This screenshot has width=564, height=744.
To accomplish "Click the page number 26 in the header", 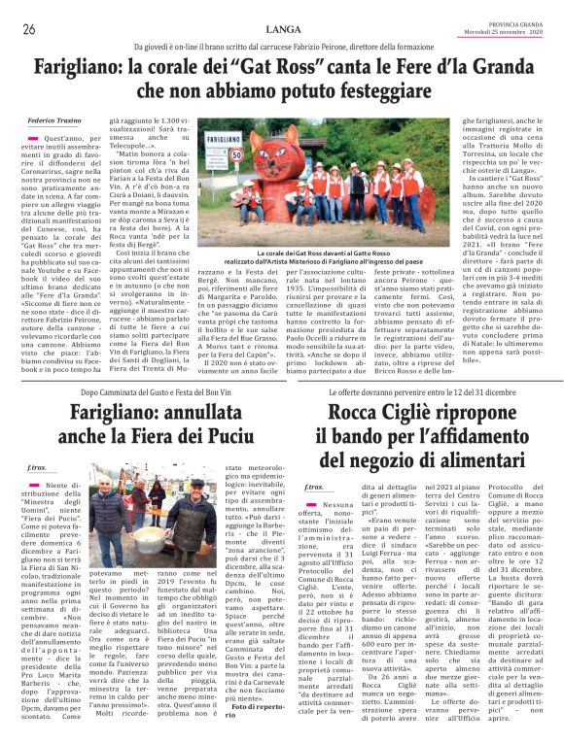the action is [28, 29].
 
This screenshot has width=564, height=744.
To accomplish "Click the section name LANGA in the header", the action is [282, 29].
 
